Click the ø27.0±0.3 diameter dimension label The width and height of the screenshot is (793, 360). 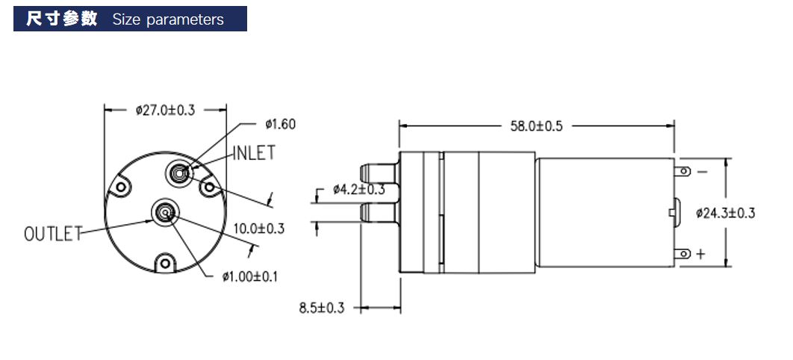click(x=165, y=111)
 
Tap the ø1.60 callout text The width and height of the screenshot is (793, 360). click(x=280, y=124)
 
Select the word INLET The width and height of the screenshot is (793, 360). click(x=254, y=152)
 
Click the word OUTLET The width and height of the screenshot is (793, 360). click(x=53, y=234)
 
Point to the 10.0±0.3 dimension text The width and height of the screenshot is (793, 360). click(x=259, y=229)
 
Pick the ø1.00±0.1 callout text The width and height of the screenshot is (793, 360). click(x=250, y=276)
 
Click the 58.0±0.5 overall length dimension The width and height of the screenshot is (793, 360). click(x=536, y=126)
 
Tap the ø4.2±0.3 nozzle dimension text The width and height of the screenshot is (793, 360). click(x=359, y=190)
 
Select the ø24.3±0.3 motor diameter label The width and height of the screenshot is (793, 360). click(x=725, y=213)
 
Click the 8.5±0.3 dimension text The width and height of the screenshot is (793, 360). click(x=322, y=308)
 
